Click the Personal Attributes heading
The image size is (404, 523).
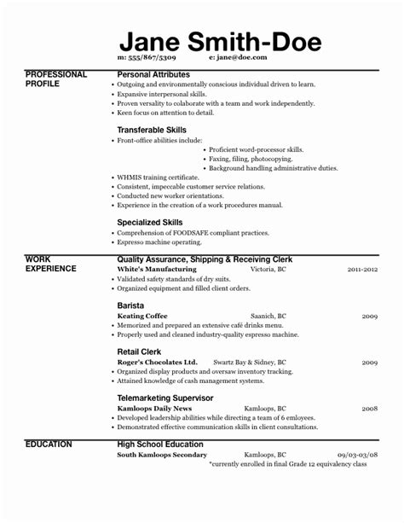click(x=153, y=75)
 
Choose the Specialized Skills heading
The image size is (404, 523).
click(x=149, y=222)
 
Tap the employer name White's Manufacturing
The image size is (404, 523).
click(x=153, y=269)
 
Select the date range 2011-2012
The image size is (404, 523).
click(x=361, y=269)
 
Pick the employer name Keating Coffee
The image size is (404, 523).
click(x=142, y=316)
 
